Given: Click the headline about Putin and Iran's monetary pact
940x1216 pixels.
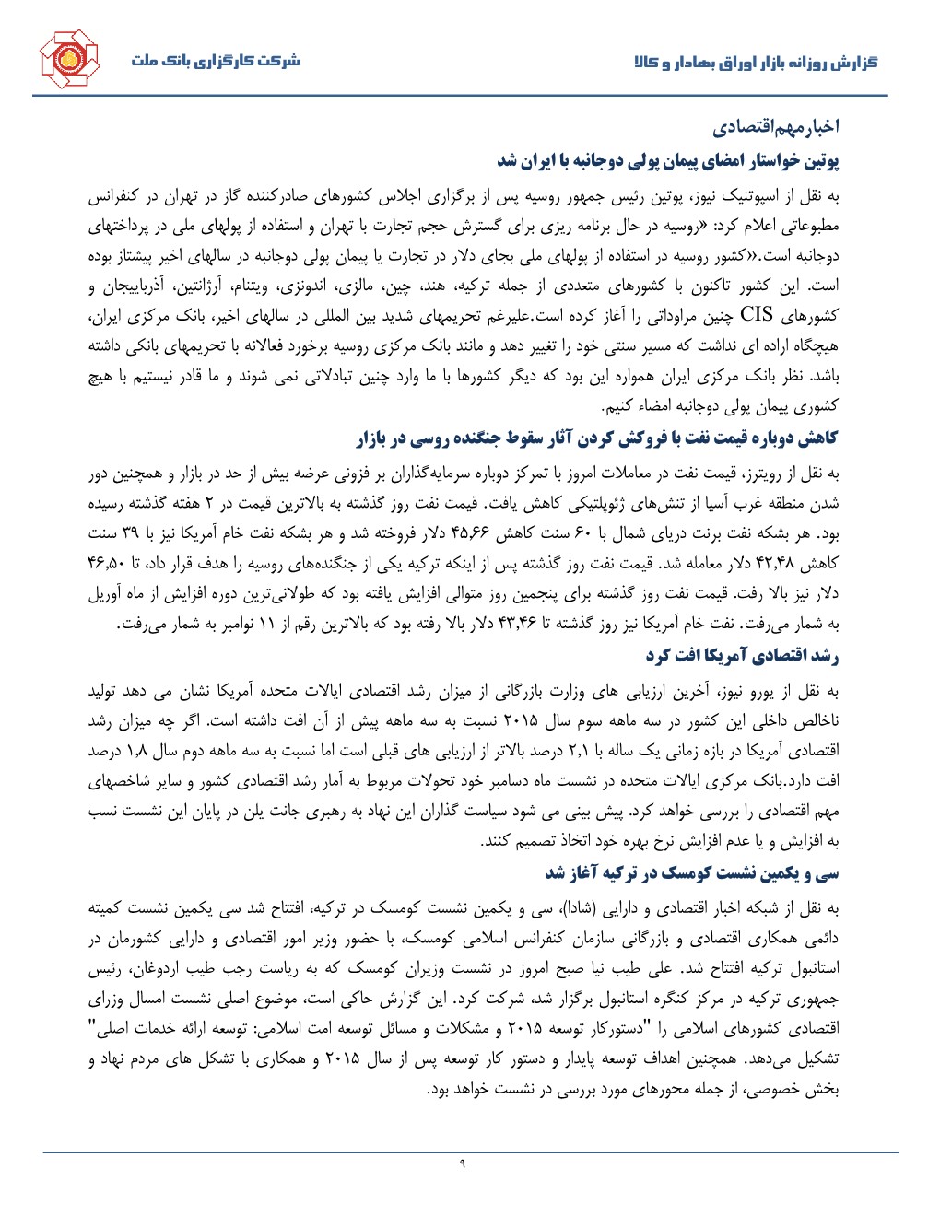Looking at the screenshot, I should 668,160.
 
